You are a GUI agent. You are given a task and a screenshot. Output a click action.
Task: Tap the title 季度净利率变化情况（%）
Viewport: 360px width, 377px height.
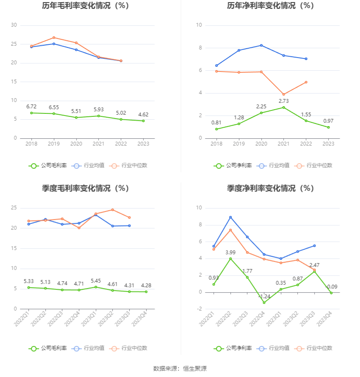coord(270,189)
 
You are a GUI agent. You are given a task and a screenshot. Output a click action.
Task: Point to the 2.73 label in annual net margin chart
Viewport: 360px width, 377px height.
coord(284,101)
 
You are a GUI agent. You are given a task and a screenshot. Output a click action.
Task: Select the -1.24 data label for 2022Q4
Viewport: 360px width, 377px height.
coord(264,296)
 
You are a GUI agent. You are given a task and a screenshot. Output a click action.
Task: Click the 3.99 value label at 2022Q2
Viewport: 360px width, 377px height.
coord(230,252)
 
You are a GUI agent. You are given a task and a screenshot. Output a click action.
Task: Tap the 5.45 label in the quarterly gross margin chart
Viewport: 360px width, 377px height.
coord(96,281)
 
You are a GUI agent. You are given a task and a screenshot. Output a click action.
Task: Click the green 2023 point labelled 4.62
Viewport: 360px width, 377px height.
coord(143,121)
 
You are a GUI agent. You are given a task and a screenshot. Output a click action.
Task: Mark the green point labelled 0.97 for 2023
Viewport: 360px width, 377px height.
coord(328,127)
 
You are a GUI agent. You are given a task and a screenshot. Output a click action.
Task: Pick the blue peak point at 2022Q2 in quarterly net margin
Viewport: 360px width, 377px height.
coord(230,217)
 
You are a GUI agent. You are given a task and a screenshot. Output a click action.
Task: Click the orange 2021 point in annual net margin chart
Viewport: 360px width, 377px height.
coord(283,95)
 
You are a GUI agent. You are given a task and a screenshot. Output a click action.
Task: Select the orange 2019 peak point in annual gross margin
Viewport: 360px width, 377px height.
coord(54,38)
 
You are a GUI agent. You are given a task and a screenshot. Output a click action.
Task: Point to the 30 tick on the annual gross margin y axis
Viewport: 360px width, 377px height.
coord(14,25)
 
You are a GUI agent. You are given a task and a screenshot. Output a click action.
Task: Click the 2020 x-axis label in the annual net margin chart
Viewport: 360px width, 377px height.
coord(261,144)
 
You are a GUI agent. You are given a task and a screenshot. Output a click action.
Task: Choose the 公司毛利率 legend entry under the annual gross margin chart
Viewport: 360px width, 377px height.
coord(48,165)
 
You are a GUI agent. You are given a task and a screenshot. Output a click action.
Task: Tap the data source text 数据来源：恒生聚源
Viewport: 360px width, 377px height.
coord(180,369)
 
